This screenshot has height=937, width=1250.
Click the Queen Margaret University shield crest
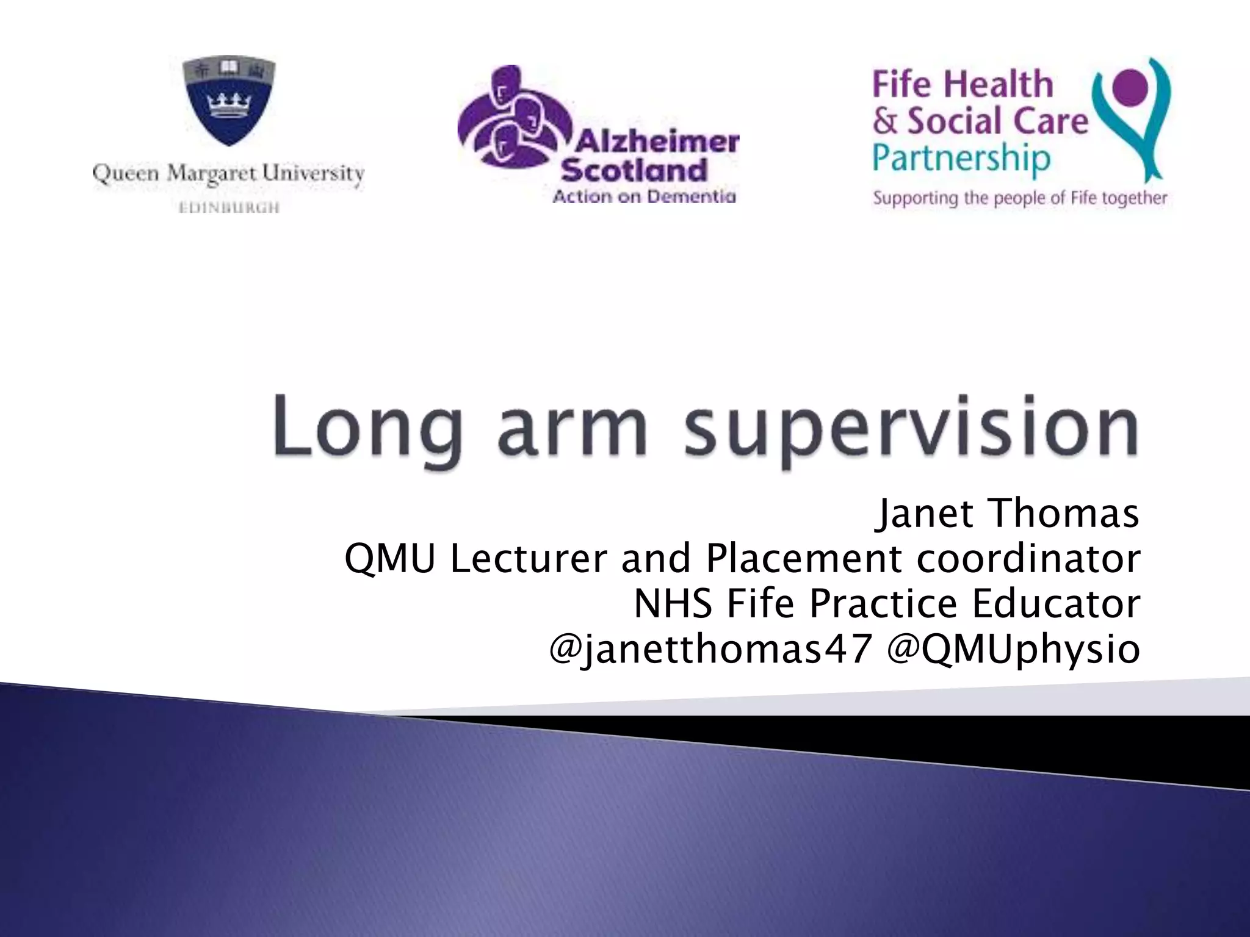point(229,102)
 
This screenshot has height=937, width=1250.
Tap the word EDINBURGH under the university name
point(229,208)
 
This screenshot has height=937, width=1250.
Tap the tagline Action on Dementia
point(644,196)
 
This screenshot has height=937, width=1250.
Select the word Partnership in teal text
point(961,159)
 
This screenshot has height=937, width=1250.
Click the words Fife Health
point(963,84)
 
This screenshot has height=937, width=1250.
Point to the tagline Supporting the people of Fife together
point(1019,198)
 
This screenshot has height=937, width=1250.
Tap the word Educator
point(1056,603)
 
